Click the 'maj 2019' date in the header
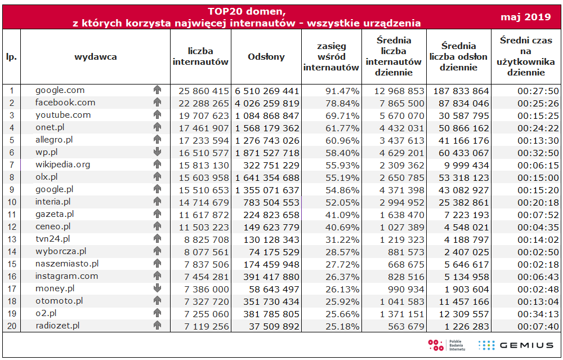tap(525, 17)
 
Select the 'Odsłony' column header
tap(266, 56)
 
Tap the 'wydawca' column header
tap(96, 56)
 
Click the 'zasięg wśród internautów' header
tap(331, 56)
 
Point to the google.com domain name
tap(60, 90)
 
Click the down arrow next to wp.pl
tap(157, 152)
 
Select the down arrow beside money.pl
tap(157, 288)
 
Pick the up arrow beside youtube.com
tap(157, 115)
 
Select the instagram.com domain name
tap(66, 276)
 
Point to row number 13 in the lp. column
tap(11, 239)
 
